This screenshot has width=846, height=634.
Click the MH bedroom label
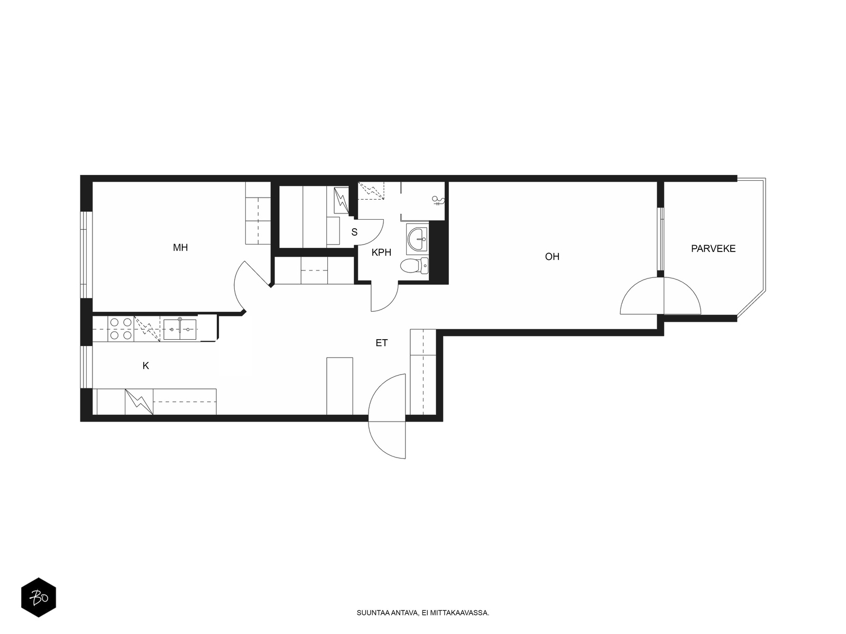tap(180, 247)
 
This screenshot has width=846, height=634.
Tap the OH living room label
tap(551, 256)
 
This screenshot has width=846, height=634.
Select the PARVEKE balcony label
tap(713, 249)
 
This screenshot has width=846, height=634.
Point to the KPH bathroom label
tap(381, 253)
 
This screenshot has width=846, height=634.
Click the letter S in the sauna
tap(354, 232)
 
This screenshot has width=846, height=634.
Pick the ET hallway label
tap(381, 342)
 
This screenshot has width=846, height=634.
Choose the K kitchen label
tap(146, 366)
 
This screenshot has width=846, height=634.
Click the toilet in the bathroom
tap(415, 266)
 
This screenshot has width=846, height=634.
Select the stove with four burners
tap(121, 328)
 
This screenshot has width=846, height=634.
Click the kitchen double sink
tap(180, 330)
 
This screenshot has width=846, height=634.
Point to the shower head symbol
tap(438, 201)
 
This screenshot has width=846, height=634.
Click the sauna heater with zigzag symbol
tap(341, 200)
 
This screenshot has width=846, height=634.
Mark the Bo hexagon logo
tap(39, 598)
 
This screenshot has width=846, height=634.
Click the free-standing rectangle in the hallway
tap(339, 386)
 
